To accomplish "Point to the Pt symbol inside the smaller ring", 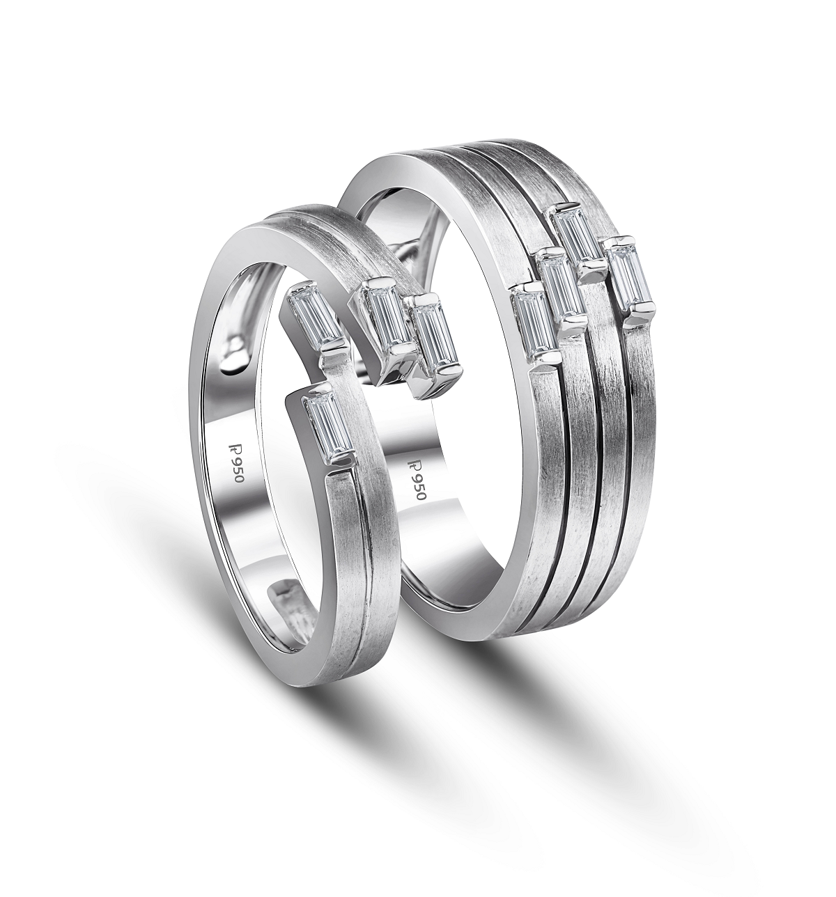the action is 232,450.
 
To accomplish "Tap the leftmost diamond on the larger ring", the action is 534,323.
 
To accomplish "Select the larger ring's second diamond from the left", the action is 560,288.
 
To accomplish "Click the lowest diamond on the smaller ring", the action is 327,426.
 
